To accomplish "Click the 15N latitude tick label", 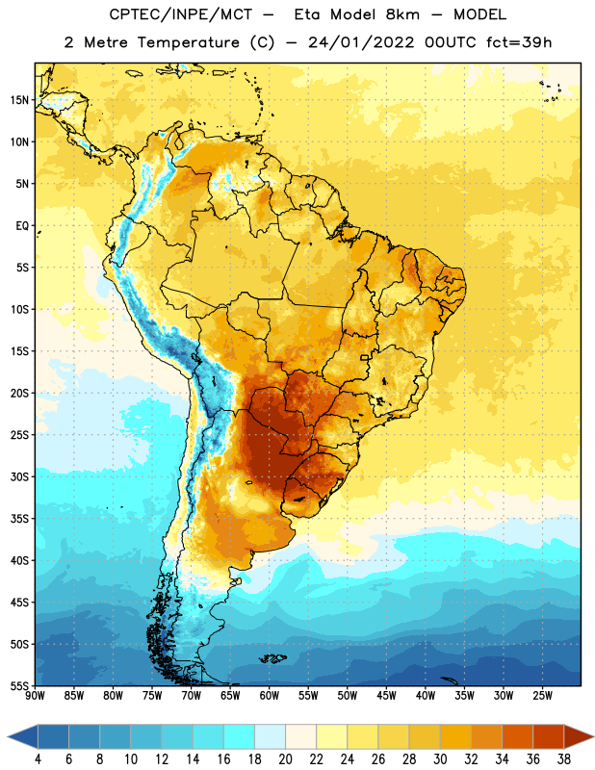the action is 19,100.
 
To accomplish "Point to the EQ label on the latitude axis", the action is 22,226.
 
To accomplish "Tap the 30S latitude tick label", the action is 19,476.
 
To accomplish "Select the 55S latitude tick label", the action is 19,686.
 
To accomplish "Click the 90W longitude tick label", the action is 35,696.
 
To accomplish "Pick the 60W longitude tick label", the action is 270,696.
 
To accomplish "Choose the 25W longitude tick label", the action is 542,696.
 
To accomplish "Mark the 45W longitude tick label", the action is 386,696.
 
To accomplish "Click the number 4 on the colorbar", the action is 38,759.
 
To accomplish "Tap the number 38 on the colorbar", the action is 564,759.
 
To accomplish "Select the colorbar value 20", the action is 285,759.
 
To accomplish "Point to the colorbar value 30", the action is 440,759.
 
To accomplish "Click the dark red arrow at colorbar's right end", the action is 577,736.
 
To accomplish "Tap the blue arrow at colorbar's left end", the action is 23,736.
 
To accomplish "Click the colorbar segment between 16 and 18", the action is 239,736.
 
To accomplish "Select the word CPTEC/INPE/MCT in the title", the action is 180,14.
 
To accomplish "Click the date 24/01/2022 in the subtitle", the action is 361,42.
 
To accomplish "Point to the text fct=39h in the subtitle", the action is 519,42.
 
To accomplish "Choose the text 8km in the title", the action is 402,14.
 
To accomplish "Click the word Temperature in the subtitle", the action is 188,42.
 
